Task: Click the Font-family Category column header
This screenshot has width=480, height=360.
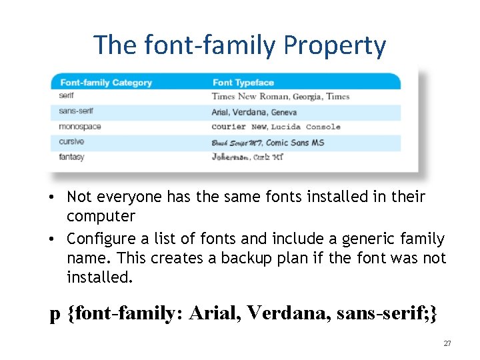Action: [106, 83]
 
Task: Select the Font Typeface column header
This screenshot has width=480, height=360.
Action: [243, 83]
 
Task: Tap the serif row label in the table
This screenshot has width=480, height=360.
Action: [66, 96]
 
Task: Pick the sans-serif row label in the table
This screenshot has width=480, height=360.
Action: [75, 111]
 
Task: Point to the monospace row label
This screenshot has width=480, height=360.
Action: [79, 127]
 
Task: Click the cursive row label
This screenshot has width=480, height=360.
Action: [71, 142]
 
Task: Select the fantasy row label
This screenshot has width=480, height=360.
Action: [71, 157]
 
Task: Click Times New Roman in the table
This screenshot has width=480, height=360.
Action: [250, 97]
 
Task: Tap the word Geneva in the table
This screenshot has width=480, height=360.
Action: [284, 112]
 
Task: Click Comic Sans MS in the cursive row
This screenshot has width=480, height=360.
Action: [295, 143]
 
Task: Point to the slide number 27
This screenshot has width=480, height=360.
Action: [447, 343]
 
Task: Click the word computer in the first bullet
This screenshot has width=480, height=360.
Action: [101, 217]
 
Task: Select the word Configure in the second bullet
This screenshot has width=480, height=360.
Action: [98, 239]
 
